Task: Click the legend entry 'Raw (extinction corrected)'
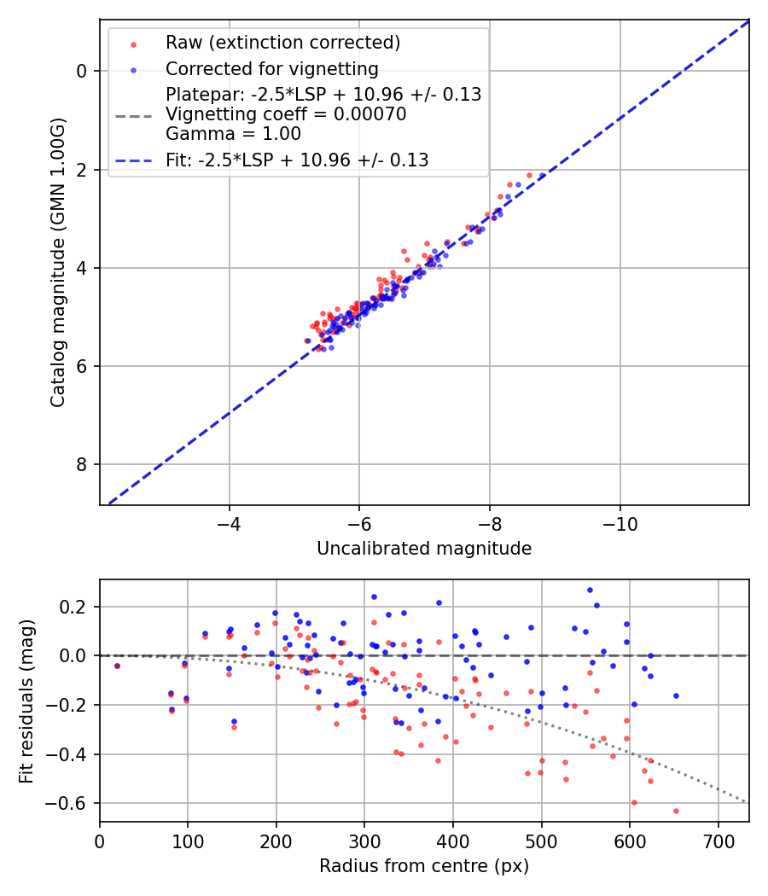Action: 282,43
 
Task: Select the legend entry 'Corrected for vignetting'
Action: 271,68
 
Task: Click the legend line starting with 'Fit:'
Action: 297,160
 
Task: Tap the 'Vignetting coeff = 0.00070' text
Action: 286,113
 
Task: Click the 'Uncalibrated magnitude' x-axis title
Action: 424,549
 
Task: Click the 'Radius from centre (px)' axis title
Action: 424,866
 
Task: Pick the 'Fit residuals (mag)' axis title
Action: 26,701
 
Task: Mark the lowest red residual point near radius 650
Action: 676,811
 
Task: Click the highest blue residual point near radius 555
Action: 590,590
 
